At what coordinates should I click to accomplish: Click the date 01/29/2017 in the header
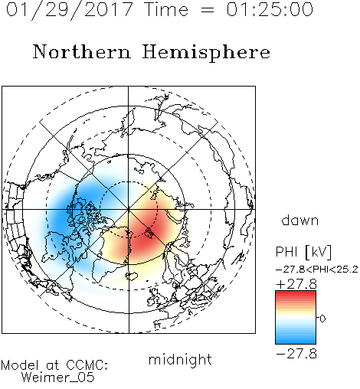69,10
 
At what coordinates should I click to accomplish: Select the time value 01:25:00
270,9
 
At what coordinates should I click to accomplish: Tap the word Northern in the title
82,51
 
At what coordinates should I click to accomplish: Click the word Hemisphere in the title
206,52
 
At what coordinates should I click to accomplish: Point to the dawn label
300,220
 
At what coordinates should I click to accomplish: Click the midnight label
180,359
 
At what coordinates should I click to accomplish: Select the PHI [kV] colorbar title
303,252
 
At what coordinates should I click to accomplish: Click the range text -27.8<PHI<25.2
317,270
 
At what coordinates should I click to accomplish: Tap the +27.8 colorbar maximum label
296,284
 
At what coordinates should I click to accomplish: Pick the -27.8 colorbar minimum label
296,354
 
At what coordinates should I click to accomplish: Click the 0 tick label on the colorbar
322,319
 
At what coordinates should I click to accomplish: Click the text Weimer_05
58,377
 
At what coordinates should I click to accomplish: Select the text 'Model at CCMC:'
54,365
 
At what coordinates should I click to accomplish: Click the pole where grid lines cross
129,209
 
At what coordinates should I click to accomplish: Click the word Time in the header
166,9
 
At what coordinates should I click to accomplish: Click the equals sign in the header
208,10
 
